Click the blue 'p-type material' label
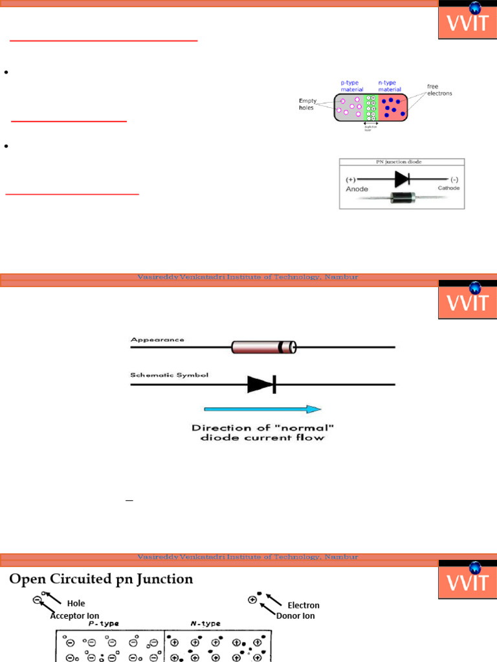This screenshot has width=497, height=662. pyautogui.click(x=352, y=86)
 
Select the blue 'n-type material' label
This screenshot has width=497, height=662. pyautogui.click(x=390, y=86)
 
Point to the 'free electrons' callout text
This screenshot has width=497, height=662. pyautogui.click(x=439, y=90)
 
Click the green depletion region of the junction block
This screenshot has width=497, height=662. pyautogui.click(x=371, y=107)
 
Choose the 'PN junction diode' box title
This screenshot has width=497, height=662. pyautogui.click(x=402, y=162)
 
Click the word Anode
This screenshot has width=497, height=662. pyautogui.click(x=357, y=189)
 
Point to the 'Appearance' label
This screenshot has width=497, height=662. pyautogui.click(x=157, y=339)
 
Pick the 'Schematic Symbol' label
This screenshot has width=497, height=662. pyautogui.click(x=170, y=376)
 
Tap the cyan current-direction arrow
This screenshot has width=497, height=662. pyautogui.click(x=262, y=409)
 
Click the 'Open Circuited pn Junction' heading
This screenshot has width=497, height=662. pyautogui.click(x=101, y=579)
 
